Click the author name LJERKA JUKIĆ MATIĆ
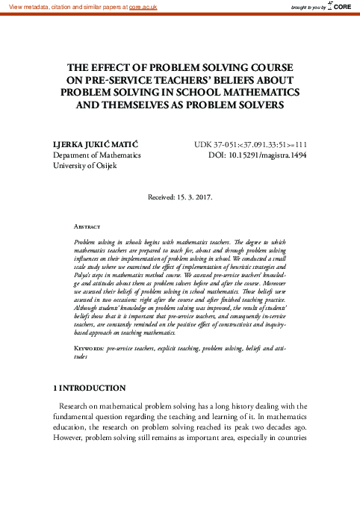(95, 144)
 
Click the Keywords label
(90, 349)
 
